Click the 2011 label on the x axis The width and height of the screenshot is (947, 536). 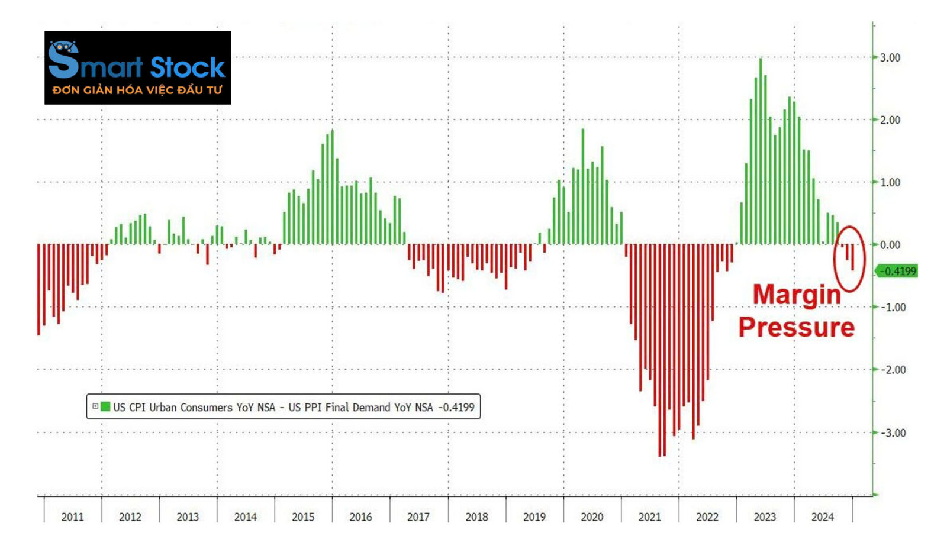click(72, 517)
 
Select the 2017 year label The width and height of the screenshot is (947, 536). click(418, 517)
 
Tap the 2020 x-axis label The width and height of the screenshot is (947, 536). click(591, 517)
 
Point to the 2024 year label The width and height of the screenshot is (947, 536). click(822, 517)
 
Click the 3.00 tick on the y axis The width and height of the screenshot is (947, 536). click(890, 57)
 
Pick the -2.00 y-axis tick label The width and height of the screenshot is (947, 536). click(893, 370)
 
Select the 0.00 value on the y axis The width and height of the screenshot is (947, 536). click(890, 245)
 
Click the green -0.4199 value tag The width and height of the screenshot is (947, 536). click(897, 272)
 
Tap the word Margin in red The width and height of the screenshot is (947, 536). click(797, 295)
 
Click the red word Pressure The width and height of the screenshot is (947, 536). click(797, 327)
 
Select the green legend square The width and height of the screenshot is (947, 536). click(105, 407)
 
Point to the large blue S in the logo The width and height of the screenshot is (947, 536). click(63, 61)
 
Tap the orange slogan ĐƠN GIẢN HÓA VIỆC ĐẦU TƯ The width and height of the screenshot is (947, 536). click(137, 91)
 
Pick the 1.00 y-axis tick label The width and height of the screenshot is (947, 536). click(890, 183)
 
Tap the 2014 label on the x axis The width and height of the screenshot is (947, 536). click(245, 517)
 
